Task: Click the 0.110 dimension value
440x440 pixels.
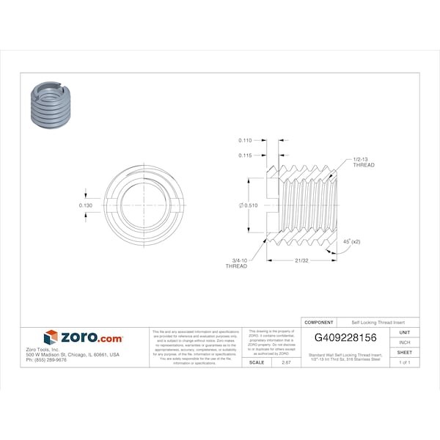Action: click(246, 139)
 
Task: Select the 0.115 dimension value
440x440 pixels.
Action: click(246, 155)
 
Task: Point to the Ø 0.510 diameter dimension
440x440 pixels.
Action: click(248, 206)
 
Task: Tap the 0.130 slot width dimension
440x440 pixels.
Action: click(86, 205)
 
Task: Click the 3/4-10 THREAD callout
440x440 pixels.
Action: click(236, 263)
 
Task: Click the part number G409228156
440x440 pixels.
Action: click(345, 337)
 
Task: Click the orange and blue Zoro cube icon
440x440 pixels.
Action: click(51, 337)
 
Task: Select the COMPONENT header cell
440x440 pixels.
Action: click(319, 322)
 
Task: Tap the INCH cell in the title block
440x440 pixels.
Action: click(404, 342)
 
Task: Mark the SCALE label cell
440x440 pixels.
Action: click(257, 362)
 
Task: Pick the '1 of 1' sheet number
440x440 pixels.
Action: click(404, 363)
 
